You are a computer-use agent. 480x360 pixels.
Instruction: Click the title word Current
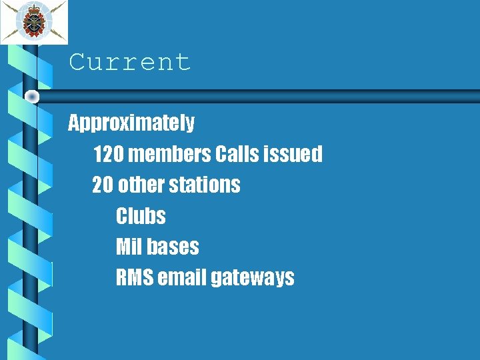coord(130,62)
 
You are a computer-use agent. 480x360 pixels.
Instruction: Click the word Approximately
coord(131,123)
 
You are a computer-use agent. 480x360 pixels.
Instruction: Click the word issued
coord(293,154)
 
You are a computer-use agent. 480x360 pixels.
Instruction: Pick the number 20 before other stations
coord(103,185)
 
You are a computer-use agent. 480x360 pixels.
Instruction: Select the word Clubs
coord(141,216)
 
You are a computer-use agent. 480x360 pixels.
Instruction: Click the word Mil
coord(128,247)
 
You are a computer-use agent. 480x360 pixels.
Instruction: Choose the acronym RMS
coord(134,277)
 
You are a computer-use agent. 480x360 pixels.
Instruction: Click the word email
coord(181,277)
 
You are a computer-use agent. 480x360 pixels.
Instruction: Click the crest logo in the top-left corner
coord(33,21)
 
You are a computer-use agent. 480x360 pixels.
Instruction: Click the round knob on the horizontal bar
coord(31,97)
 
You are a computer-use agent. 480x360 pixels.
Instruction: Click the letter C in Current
coord(78,62)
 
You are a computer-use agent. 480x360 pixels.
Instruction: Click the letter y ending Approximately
coord(189,125)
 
